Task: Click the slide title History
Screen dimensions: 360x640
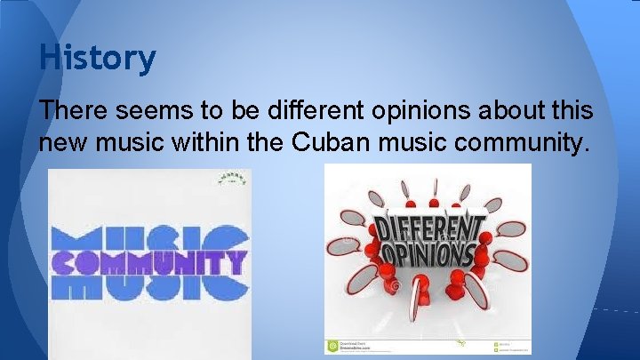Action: point(97,59)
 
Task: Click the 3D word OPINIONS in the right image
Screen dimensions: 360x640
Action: point(428,255)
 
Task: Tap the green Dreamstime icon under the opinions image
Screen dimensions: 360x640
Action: point(332,345)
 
